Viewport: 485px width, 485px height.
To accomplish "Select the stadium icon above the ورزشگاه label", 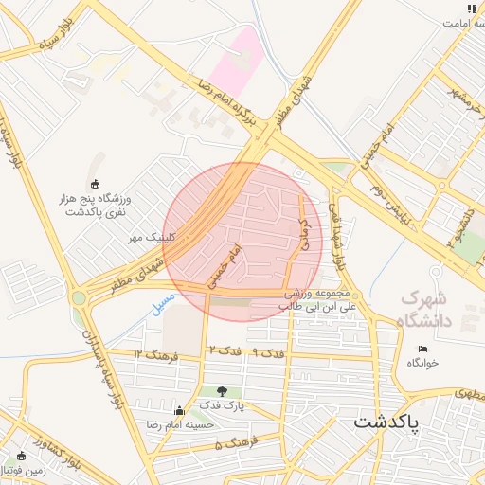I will pos(95,184).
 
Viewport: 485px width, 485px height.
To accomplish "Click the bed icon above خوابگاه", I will pos(422,350).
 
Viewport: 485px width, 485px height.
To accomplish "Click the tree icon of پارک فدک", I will pos(222,390).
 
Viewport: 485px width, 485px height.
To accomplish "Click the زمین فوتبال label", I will pos(27,469).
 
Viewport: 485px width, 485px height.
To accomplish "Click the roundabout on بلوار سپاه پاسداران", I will pos(78,297).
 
